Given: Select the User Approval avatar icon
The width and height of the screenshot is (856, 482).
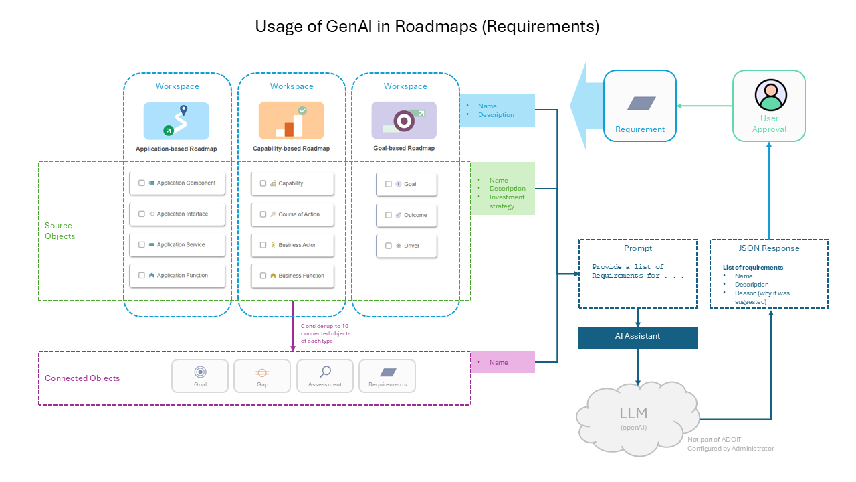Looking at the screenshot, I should (770, 95).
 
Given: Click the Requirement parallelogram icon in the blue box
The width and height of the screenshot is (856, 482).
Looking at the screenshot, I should (641, 103).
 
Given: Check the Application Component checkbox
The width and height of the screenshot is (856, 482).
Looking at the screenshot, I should (142, 183).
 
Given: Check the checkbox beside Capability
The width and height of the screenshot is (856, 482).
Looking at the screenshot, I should (263, 183).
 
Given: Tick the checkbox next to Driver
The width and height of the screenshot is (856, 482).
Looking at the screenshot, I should (389, 246).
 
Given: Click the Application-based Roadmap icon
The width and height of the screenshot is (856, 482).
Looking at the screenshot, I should (176, 120).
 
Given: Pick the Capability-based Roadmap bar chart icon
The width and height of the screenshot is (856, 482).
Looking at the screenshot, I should (291, 120).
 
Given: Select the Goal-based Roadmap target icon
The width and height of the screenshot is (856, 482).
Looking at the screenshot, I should (404, 120).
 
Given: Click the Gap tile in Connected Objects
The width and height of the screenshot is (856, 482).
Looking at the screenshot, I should (262, 376).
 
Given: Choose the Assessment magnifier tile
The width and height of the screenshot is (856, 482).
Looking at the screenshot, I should (325, 376).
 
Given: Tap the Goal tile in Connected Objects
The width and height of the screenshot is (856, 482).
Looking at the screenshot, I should (200, 376).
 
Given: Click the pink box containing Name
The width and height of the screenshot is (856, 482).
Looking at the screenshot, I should (503, 362).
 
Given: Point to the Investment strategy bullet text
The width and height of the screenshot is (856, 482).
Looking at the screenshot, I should (506, 202).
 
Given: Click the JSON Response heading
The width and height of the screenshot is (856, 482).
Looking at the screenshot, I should (768, 248).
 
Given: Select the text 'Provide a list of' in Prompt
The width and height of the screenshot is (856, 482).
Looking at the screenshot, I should (627, 267).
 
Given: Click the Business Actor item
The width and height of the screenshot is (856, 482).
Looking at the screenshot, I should (296, 245).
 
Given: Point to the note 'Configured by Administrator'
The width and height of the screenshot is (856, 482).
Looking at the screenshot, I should (730, 449).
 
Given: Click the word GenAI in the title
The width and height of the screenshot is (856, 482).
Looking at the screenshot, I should (350, 27).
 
